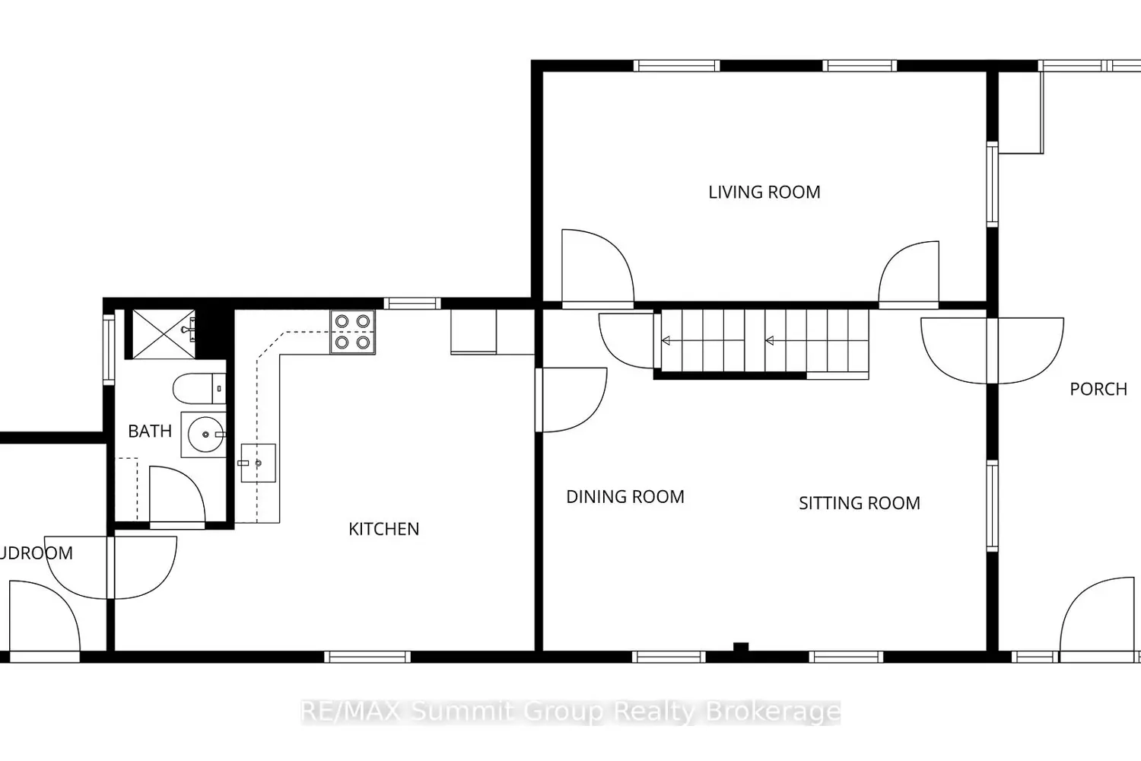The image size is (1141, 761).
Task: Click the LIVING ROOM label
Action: (764, 193)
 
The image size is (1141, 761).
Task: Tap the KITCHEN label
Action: (383, 529)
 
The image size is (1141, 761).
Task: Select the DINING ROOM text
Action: (625, 497)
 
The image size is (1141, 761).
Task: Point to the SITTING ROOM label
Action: (859, 503)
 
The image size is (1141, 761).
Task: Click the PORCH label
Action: (1098, 389)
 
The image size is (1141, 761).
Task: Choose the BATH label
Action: (149, 431)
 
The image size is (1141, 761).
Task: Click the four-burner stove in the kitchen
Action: (352, 332)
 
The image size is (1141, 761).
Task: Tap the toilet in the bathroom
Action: (199, 389)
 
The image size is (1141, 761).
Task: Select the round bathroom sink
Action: (205, 435)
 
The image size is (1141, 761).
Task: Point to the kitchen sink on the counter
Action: (258, 463)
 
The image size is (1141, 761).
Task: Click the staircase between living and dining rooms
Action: (764, 341)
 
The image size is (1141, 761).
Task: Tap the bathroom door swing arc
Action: (178, 494)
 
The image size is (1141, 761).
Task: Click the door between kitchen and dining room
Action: (571, 400)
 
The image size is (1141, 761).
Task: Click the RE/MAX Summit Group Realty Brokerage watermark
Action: (570, 712)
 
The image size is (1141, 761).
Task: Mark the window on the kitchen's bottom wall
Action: (367, 656)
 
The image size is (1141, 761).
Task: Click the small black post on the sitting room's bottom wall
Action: (740, 648)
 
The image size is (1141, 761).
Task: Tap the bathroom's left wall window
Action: (109, 349)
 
